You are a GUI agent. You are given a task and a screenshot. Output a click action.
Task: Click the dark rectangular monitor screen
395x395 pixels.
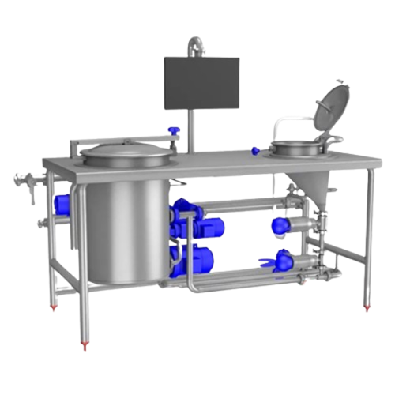(x=201, y=83)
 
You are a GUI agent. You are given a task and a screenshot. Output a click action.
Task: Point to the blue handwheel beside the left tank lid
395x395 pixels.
(x=176, y=131)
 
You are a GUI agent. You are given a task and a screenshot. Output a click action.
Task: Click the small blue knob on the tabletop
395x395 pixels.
(x=255, y=150)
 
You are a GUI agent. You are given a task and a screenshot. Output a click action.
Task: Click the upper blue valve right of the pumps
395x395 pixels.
(x=280, y=225)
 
